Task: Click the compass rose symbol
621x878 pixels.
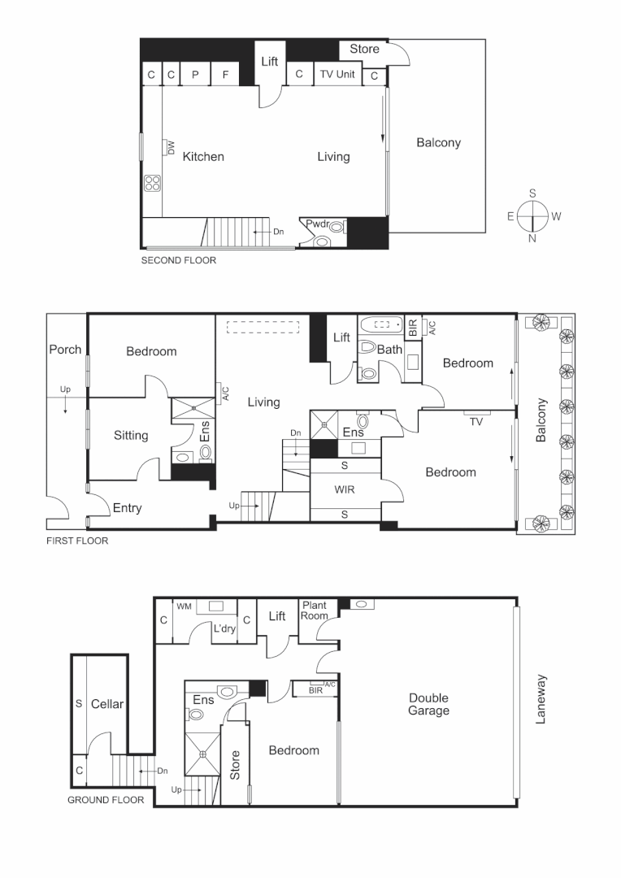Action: (532, 216)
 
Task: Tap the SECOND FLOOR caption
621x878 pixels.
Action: (179, 261)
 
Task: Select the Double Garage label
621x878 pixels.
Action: (428, 704)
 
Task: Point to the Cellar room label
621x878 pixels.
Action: (106, 703)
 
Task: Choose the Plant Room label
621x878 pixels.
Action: (314, 611)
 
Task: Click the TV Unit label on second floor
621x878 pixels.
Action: (337, 74)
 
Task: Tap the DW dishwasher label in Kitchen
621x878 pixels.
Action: (171, 147)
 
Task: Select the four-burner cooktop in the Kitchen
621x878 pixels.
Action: (152, 183)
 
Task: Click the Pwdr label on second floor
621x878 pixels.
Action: (317, 224)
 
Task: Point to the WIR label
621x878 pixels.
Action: (345, 490)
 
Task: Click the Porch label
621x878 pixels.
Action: (65, 350)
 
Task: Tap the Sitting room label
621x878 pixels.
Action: (131, 435)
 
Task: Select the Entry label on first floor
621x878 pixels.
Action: (127, 508)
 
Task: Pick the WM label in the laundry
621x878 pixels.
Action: (185, 606)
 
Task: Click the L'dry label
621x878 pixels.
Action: (224, 628)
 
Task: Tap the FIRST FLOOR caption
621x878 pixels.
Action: (77, 540)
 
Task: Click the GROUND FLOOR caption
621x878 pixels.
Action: (106, 800)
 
